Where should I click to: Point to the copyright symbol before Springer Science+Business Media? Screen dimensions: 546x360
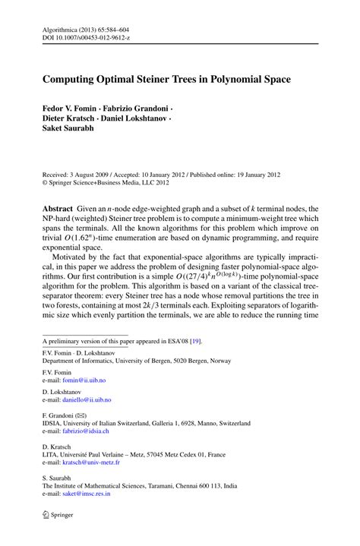[x=45, y=183]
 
